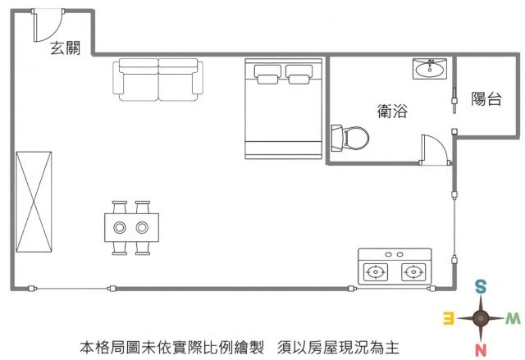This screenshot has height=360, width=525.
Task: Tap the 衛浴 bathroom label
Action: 393,111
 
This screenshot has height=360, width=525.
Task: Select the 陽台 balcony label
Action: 486,99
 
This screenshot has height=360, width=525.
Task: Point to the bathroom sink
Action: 429,69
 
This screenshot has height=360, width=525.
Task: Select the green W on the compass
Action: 513,317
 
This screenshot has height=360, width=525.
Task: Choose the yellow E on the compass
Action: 449,318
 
